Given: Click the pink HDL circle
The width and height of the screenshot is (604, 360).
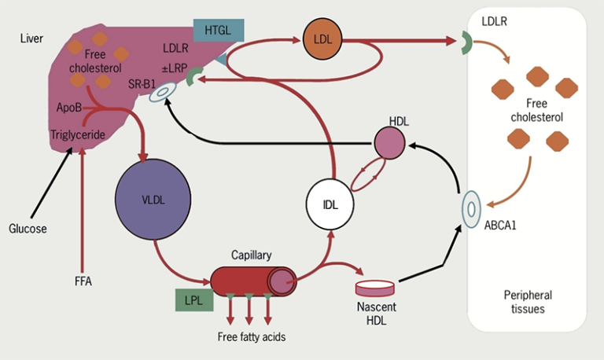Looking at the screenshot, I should pyautogui.click(x=389, y=142).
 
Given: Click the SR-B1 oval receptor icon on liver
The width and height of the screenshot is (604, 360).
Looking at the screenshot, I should pyautogui.click(x=163, y=93).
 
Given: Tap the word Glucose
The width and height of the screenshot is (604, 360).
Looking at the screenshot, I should pyautogui.click(x=28, y=229).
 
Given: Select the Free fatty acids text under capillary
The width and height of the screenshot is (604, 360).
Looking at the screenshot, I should pyautogui.click(x=251, y=337).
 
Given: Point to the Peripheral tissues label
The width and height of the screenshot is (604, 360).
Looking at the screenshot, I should pyautogui.click(x=528, y=302).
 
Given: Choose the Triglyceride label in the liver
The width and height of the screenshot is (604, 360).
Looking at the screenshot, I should pyautogui.click(x=78, y=134).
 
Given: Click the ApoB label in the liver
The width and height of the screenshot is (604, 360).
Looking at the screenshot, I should pyautogui.click(x=68, y=106).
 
